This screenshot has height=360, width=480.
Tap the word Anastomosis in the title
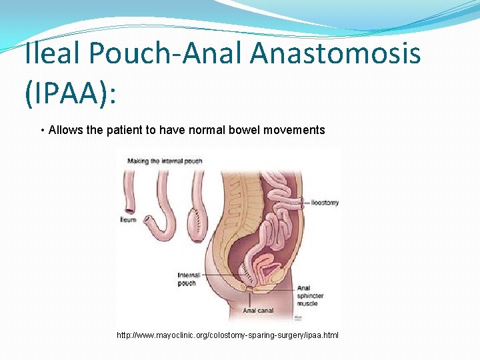click(335, 54)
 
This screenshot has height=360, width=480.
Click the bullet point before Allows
click(43, 130)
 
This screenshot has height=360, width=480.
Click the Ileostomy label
click(325, 202)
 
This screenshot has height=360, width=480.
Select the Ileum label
click(129, 219)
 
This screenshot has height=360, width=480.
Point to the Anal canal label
click(258, 311)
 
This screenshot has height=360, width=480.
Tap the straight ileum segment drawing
click(129, 190)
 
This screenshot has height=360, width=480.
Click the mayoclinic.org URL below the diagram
click(227, 335)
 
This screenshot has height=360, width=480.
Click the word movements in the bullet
click(294, 130)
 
